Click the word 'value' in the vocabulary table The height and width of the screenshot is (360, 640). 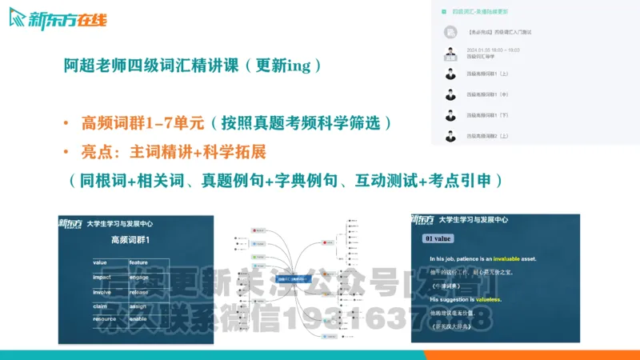tap(99, 262)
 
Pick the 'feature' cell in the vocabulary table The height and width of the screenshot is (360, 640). tap(138, 262)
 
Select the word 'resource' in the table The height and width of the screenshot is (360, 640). tap(104, 318)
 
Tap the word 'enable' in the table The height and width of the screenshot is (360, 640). tap(138, 318)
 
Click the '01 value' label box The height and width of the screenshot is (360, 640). tap(440, 238)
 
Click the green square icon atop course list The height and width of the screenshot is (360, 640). tap(441, 12)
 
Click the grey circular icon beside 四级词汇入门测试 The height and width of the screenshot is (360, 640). tap(451, 32)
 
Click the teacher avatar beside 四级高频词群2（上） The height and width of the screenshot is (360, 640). tap(451, 136)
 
